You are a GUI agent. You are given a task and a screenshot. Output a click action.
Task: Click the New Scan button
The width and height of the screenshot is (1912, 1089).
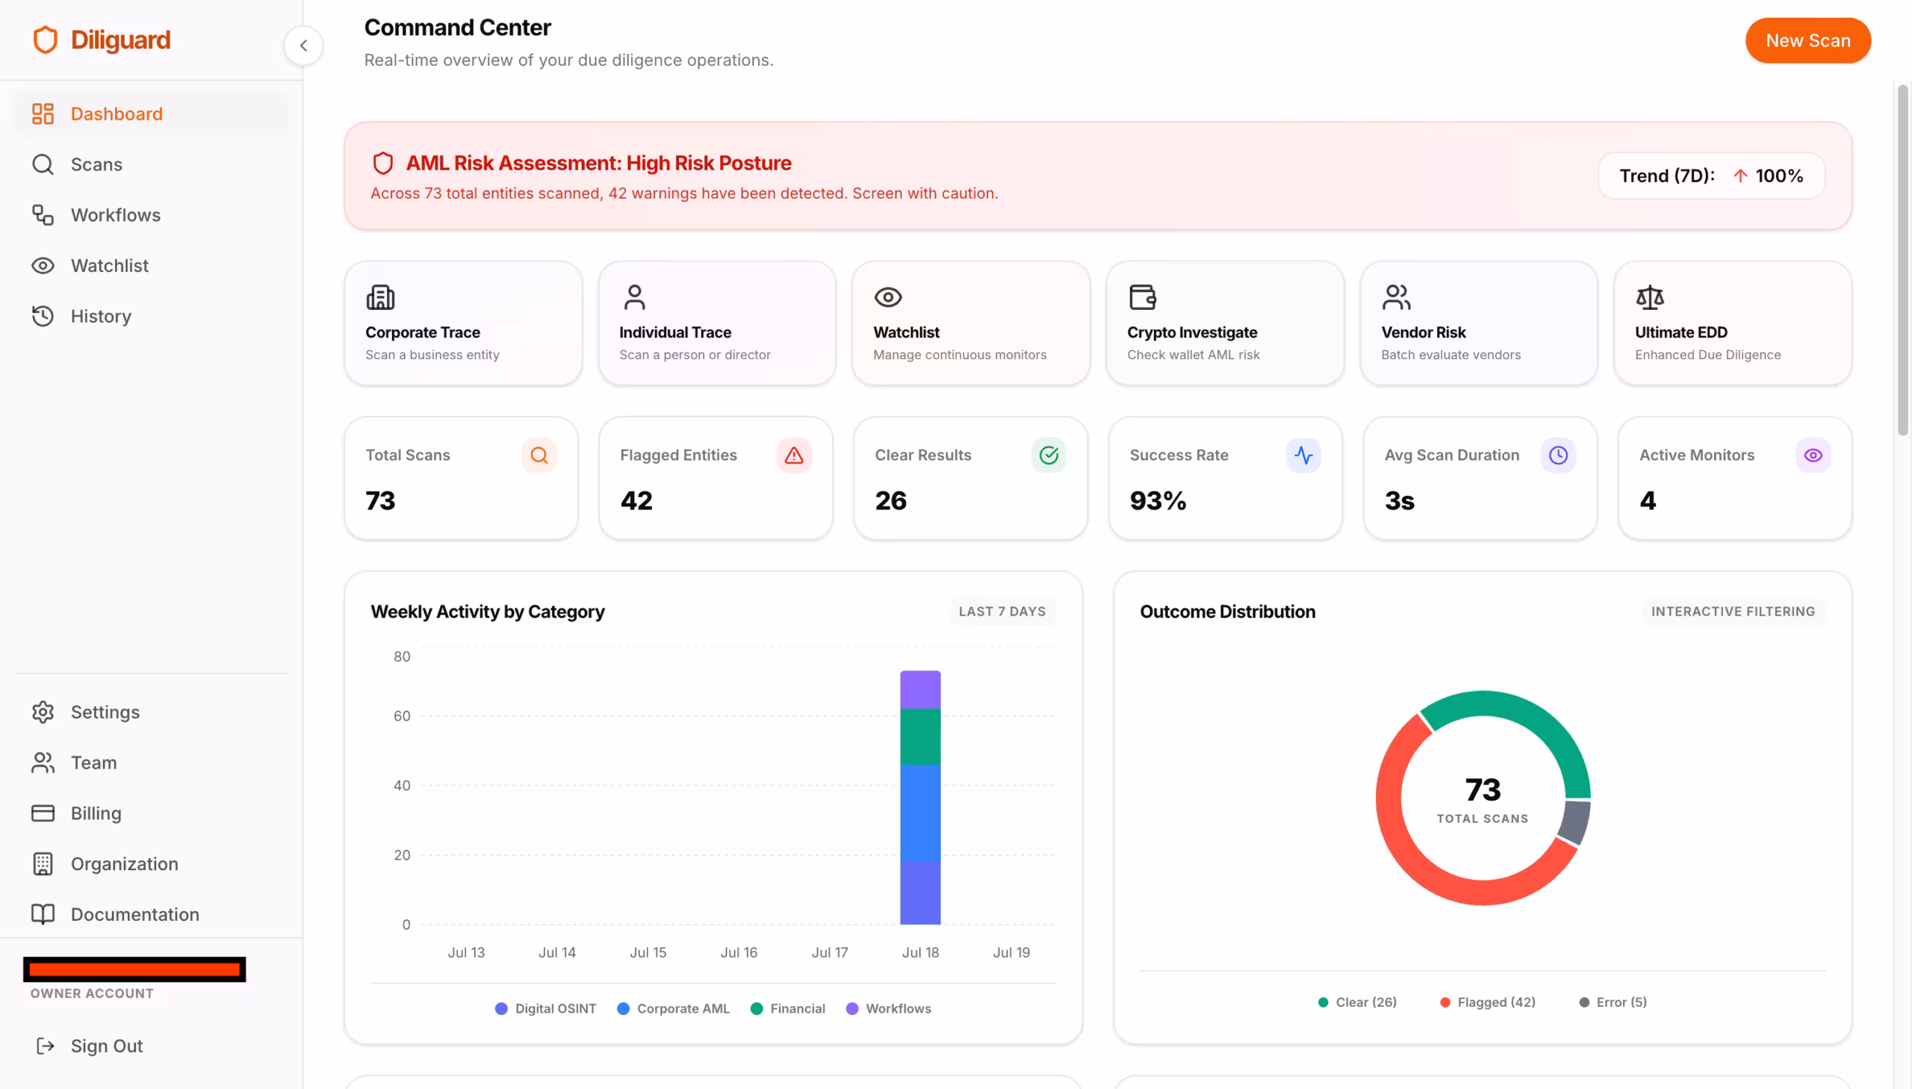1807,40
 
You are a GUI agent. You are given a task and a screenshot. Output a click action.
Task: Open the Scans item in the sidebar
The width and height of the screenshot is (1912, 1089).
96,164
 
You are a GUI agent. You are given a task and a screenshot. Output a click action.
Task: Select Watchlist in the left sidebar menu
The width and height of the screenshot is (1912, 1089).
109,265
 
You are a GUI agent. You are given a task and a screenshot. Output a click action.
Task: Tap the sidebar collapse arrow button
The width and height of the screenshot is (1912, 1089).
303,46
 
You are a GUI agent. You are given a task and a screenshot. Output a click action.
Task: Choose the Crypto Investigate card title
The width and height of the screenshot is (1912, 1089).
1192,332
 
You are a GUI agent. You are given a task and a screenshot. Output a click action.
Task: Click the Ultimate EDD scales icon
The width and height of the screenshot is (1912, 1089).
1650,298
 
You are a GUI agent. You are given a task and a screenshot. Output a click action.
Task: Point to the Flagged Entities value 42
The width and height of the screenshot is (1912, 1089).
636,500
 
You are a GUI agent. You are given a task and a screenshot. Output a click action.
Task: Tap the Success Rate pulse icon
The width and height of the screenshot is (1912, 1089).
1303,456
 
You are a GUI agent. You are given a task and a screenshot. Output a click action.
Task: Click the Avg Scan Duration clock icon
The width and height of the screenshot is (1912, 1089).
1558,456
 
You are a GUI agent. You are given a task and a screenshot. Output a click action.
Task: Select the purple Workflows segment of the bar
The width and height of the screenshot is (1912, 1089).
919,689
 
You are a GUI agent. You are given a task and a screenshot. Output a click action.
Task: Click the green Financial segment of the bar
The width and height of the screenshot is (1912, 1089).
919,736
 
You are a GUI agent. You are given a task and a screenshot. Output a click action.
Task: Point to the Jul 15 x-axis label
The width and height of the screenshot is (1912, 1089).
648,952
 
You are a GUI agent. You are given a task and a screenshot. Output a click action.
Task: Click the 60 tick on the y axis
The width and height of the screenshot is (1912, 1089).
402,716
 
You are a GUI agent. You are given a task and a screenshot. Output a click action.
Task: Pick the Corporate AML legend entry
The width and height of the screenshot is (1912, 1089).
673,1008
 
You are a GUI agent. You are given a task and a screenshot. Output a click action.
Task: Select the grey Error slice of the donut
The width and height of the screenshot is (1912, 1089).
1574,822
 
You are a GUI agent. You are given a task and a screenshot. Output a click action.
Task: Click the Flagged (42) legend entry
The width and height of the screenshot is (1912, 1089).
1487,1002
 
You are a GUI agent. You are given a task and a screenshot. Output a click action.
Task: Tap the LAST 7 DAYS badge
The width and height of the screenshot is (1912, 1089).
1002,611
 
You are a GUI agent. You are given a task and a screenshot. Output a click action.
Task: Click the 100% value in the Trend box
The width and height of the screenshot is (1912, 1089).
1779,176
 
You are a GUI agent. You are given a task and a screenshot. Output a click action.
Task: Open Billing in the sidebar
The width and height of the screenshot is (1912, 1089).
96,813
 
